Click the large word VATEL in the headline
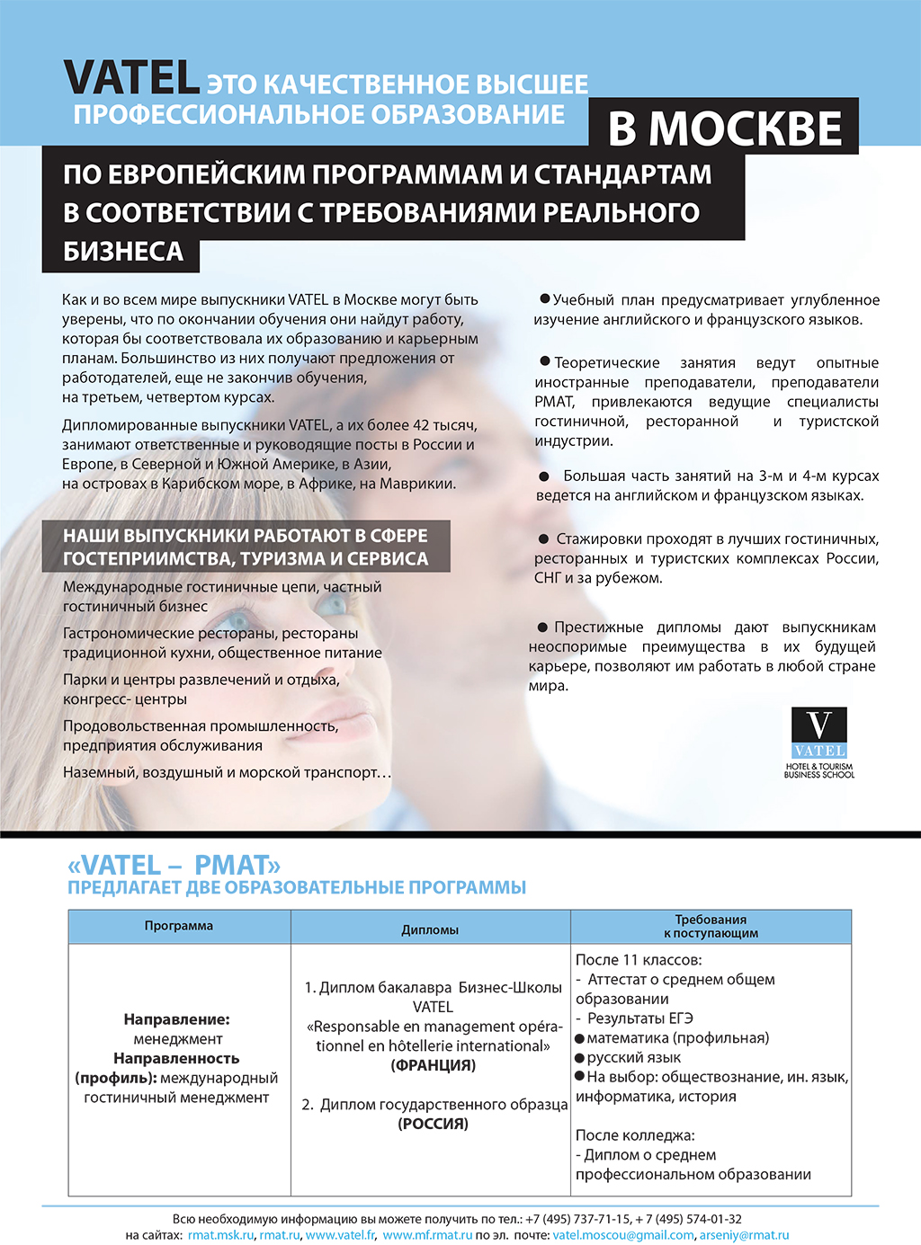(x=131, y=78)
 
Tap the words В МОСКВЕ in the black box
(x=725, y=129)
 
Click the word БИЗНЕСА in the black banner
(x=123, y=252)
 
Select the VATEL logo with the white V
(x=819, y=732)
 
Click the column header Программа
(x=179, y=926)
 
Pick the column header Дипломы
(x=430, y=930)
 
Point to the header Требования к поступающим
(x=711, y=926)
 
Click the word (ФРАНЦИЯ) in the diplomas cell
(x=433, y=1065)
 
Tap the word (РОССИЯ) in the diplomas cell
(x=433, y=1124)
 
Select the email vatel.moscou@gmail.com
(x=623, y=1235)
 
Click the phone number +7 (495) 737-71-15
(x=577, y=1219)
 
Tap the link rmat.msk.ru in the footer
(x=220, y=1235)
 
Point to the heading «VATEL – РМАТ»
(x=174, y=865)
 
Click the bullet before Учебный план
(x=544, y=298)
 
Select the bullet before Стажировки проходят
(x=543, y=538)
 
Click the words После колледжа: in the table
(x=635, y=1135)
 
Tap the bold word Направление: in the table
(x=177, y=1019)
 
